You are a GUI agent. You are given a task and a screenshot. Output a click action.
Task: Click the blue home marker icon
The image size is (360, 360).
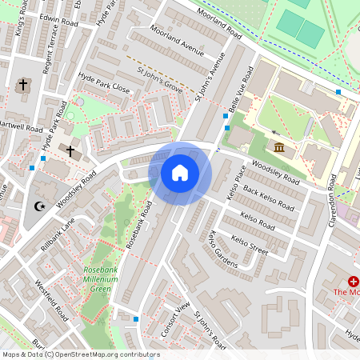tap(180, 172)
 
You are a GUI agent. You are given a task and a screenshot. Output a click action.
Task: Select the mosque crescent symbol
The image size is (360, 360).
tap(38, 206)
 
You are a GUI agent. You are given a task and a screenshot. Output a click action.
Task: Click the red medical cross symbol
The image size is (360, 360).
tap(353, 282)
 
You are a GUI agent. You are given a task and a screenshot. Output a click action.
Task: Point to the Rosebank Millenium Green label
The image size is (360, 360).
tap(107, 280)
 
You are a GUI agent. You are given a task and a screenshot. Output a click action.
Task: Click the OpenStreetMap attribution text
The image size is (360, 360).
tap(80, 354)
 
